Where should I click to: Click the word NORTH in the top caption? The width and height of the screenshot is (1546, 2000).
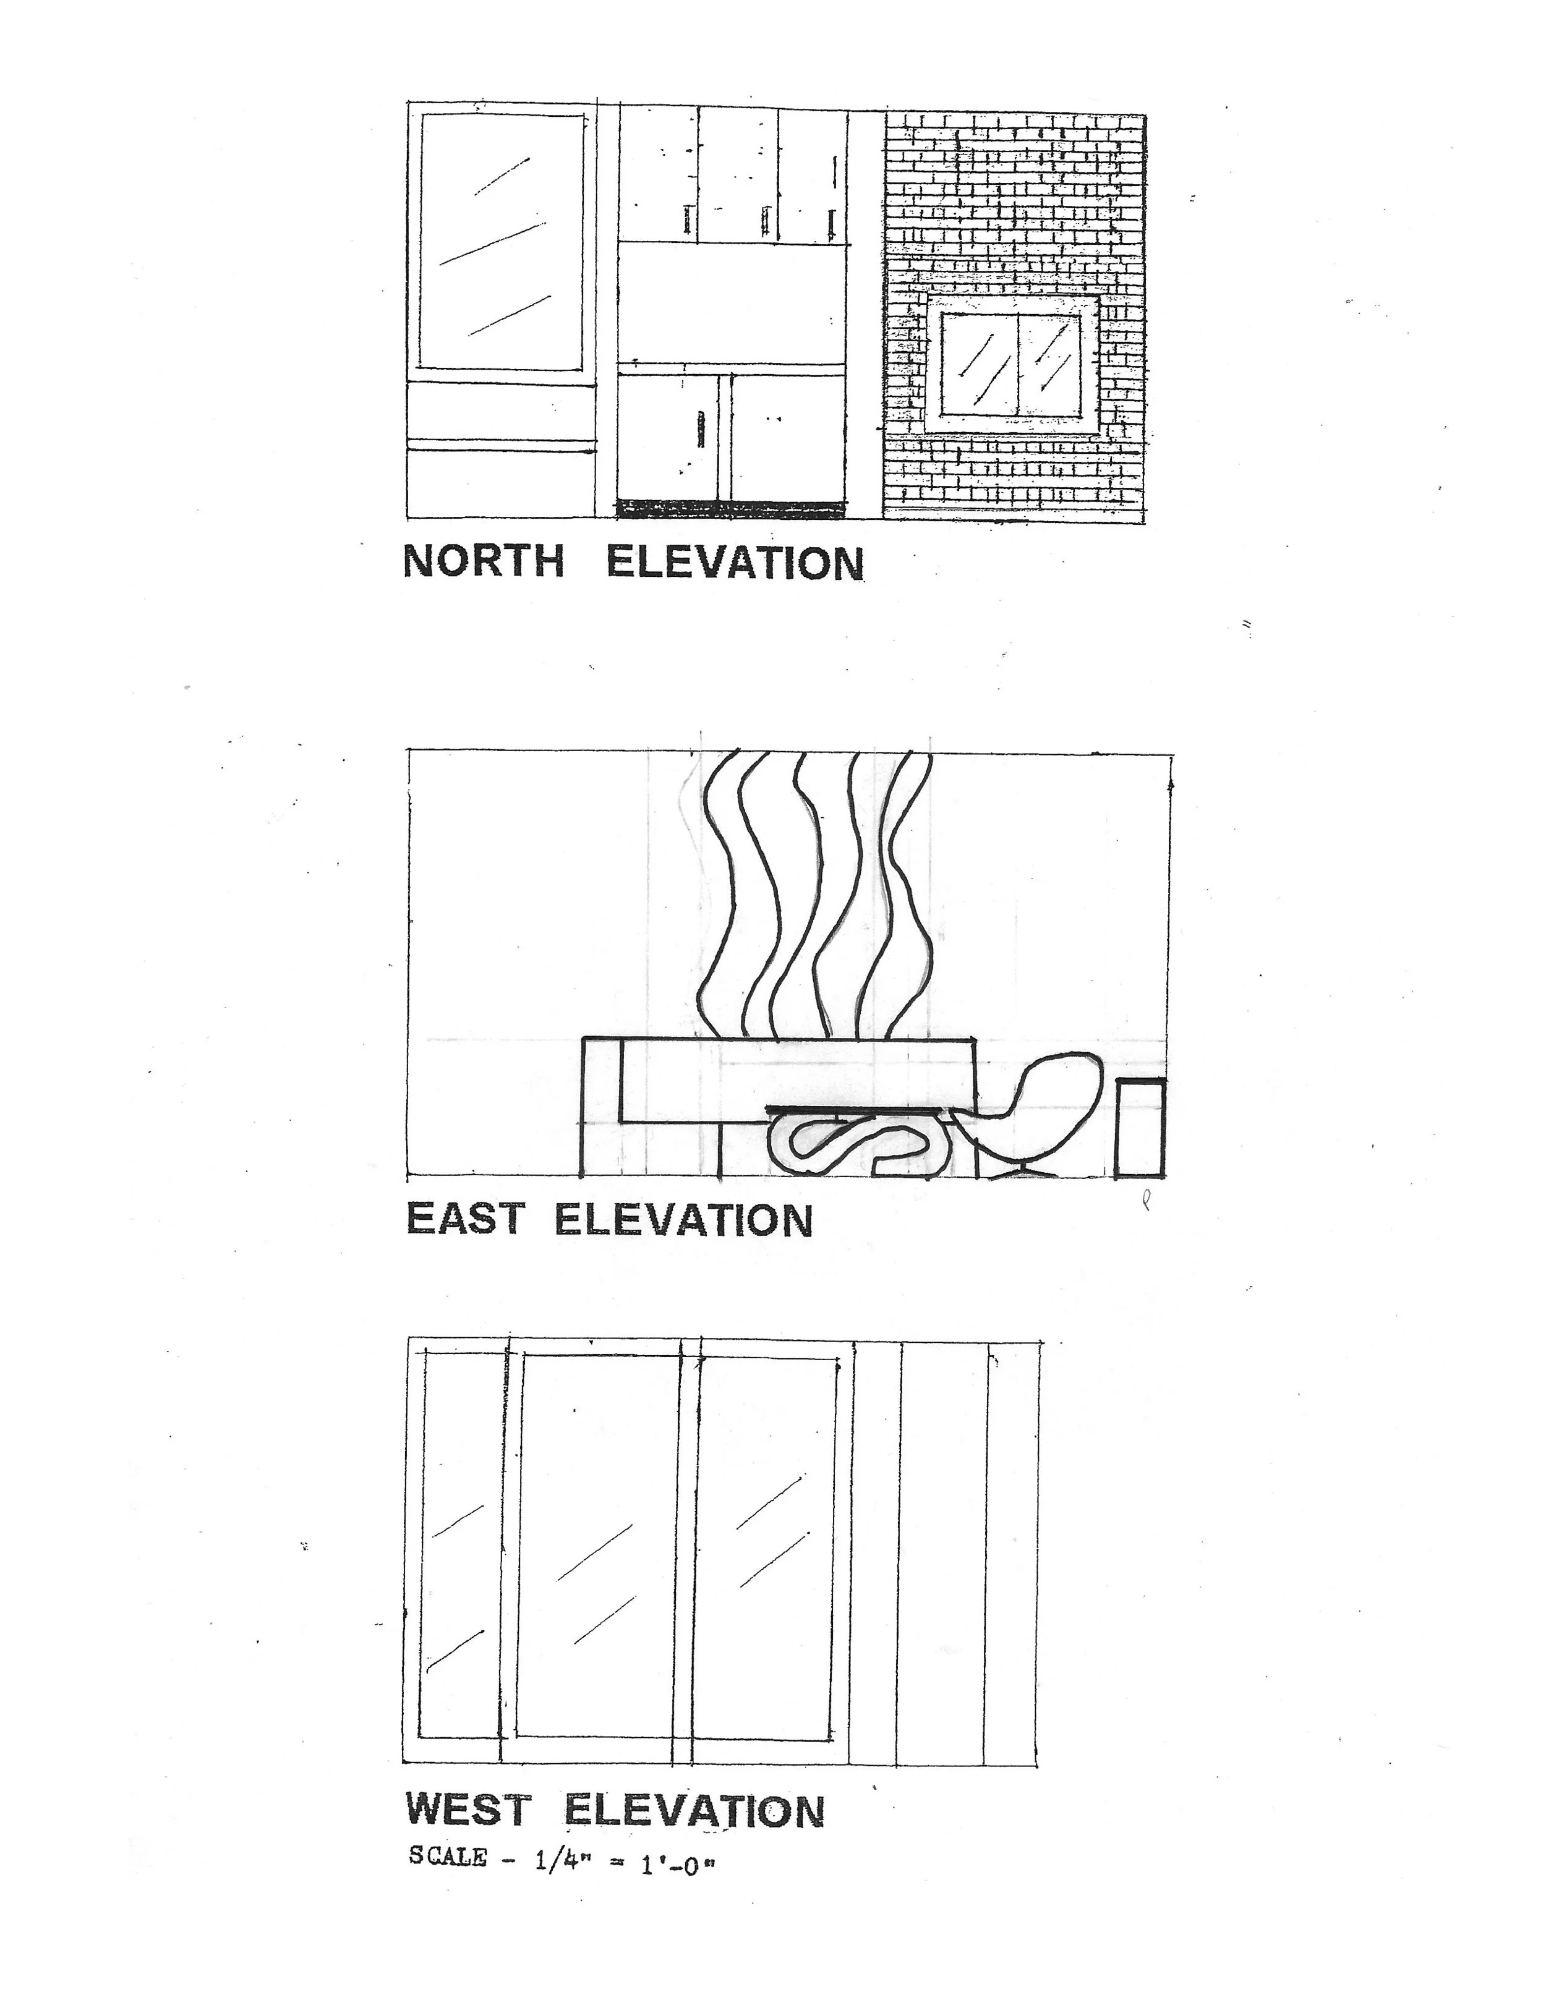click(x=484, y=561)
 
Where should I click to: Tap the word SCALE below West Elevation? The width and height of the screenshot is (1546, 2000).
click(x=448, y=1856)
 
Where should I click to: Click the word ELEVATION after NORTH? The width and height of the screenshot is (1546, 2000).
click(x=735, y=562)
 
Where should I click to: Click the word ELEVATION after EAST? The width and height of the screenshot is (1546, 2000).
click(x=683, y=1220)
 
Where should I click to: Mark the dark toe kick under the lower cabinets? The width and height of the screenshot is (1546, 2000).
click(x=730, y=508)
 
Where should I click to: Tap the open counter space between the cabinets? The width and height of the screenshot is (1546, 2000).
click(x=730, y=302)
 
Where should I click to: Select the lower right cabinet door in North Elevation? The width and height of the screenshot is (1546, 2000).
click(x=787, y=437)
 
